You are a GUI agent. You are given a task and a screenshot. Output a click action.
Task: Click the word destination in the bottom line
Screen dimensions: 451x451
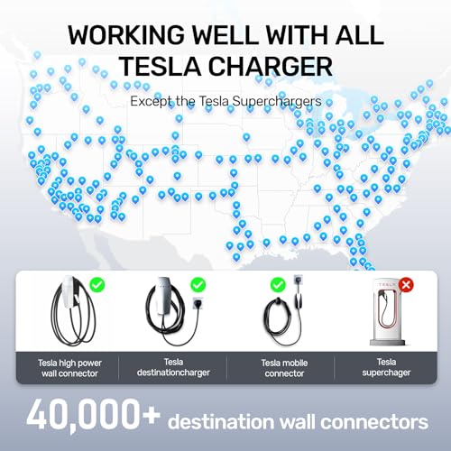(241, 420)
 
